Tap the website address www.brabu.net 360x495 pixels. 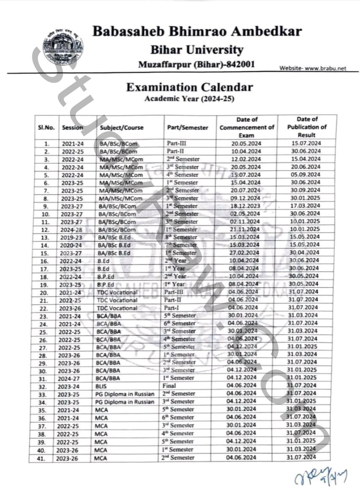pyautogui.click(x=313, y=68)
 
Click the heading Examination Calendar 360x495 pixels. pyautogui.click(x=189, y=87)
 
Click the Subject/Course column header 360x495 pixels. pyautogui.click(x=122, y=127)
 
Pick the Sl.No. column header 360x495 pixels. pyautogui.click(x=46, y=127)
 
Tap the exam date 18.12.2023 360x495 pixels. pyautogui.click(x=246, y=206)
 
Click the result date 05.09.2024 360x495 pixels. pyautogui.click(x=306, y=174)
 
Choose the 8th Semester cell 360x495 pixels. pyautogui.click(x=182, y=237)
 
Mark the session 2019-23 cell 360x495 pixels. pyautogui.click(x=73, y=237)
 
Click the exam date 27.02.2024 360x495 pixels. pyautogui.click(x=246, y=253)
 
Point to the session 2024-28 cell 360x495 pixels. pyautogui.click(x=73, y=229)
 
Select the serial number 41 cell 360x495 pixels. pyautogui.click(x=46, y=457)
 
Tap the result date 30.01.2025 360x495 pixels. pyautogui.click(x=306, y=198)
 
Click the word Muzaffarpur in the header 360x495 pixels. pyautogui.click(x=162, y=64)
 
